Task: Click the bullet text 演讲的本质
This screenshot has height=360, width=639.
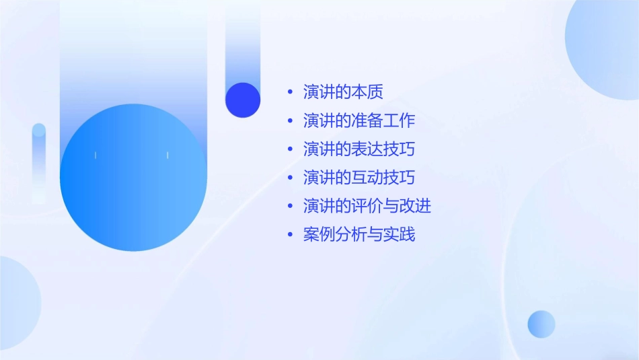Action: (x=343, y=92)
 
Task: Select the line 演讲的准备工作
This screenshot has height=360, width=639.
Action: (x=359, y=120)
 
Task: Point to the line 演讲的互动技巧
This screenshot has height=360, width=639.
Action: (x=359, y=178)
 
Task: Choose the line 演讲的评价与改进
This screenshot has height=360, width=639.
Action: (x=367, y=206)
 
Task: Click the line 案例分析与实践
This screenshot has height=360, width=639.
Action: (x=359, y=235)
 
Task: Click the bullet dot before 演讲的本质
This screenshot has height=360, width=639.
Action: (x=290, y=92)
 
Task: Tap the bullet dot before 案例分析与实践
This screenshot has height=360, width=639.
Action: (x=290, y=235)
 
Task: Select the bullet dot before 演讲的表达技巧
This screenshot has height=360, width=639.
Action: (x=290, y=149)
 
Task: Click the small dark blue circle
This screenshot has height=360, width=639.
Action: (x=243, y=100)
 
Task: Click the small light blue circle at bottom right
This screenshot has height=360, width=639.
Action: (x=541, y=324)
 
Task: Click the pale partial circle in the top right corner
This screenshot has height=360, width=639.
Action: (x=605, y=47)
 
